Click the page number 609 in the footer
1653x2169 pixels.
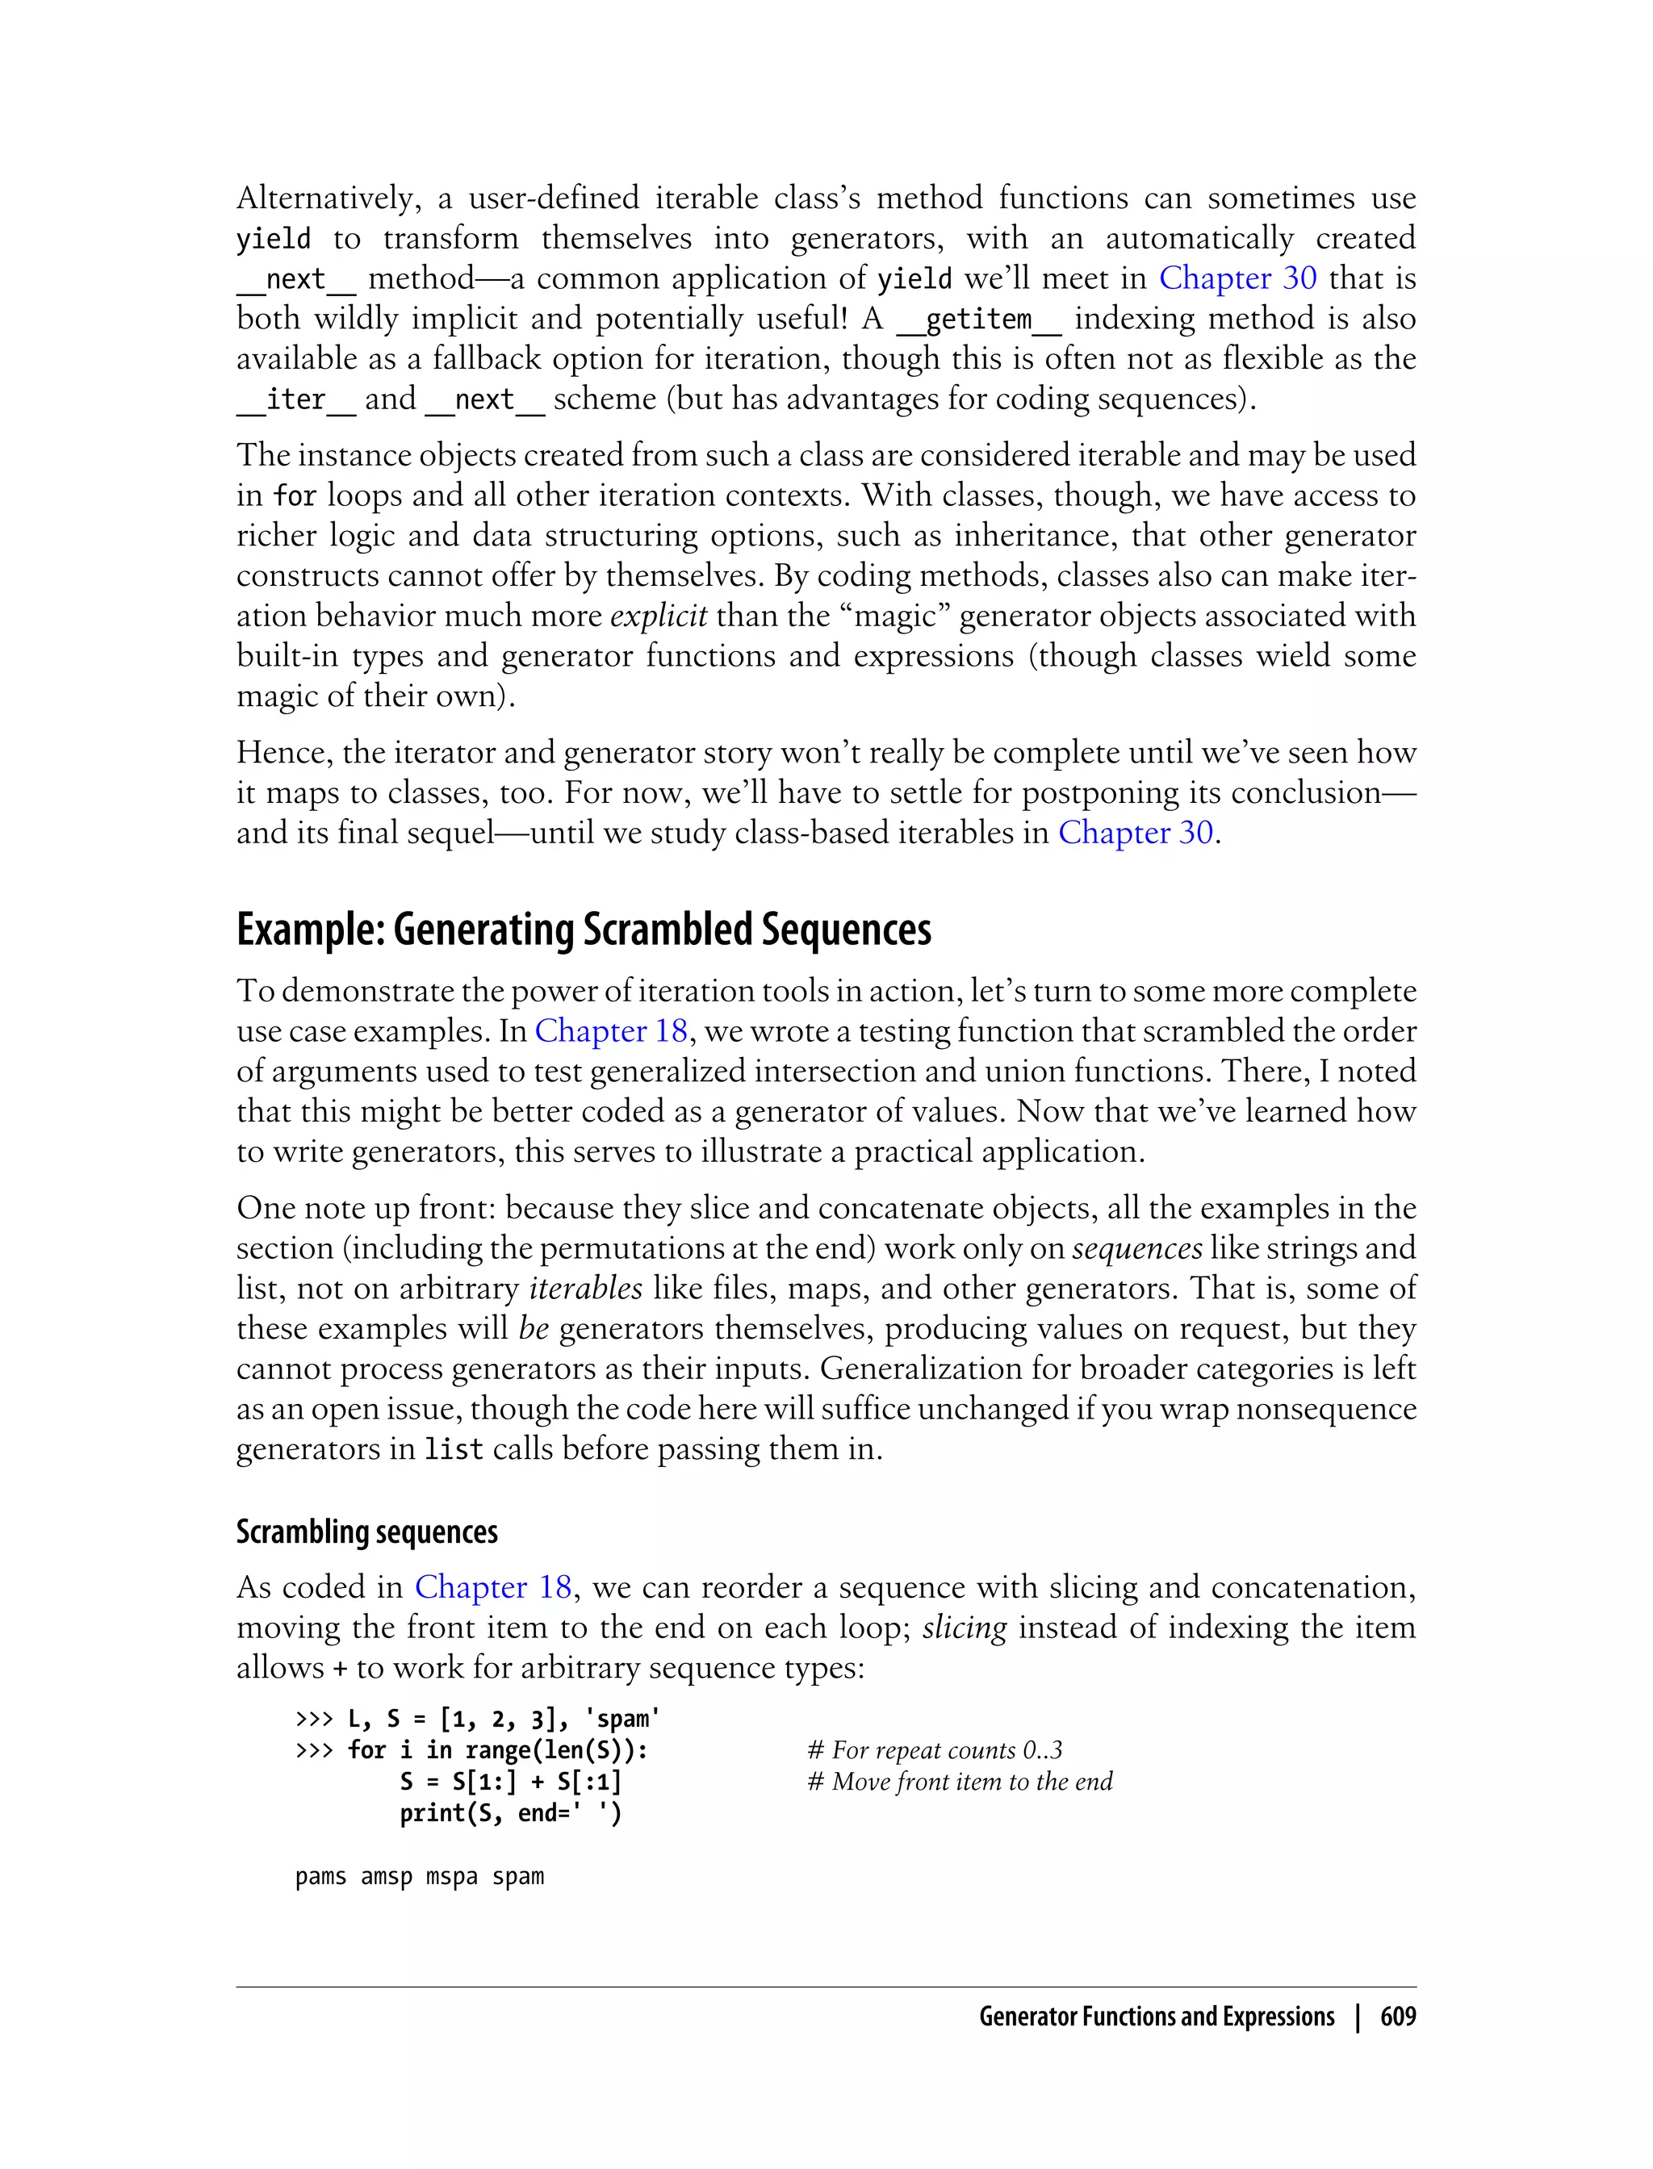pyautogui.click(x=1397, y=2016)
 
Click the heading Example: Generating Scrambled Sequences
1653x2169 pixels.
pyautogui.click(x=584, y=930)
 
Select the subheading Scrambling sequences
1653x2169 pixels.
pyautogui.click(x=367, y=1532)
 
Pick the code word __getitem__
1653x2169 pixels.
pyautogui.click(x=978, y=319)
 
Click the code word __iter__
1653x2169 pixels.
pyautogui.click(x=295, y=399)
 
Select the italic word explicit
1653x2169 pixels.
pyautogui.click(x=659, y=616)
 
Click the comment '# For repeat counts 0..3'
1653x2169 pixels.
pyautogui.click(x=935, y=1750)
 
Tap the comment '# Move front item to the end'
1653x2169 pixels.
pyautogui.click(x=960, y=1782)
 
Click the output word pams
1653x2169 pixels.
pyautogui.click(x=320, y=1877)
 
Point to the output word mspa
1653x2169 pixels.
pyautogui.click(x=452, y=1877)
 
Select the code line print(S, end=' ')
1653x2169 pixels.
pyautogui.click(x=511, y=1813)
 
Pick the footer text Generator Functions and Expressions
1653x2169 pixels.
pyautogui.click(x=1156, y=2016)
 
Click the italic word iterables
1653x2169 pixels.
pyautogui.click(x=585, y=1288)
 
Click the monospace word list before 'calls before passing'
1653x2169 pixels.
pyautogui.click(x=454, y=1449)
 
